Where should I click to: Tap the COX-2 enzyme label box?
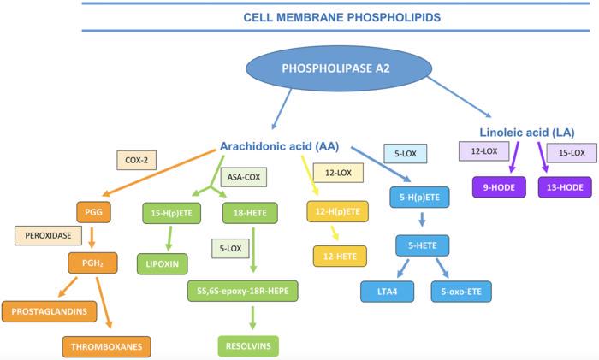click(x=136, y=160)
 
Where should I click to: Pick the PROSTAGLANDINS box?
click(x=50, y=310)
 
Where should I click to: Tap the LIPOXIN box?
click(x=163, y=263)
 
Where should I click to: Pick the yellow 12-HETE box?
click(x=340, y=255)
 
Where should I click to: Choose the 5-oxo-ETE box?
click(x=462, y=292)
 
